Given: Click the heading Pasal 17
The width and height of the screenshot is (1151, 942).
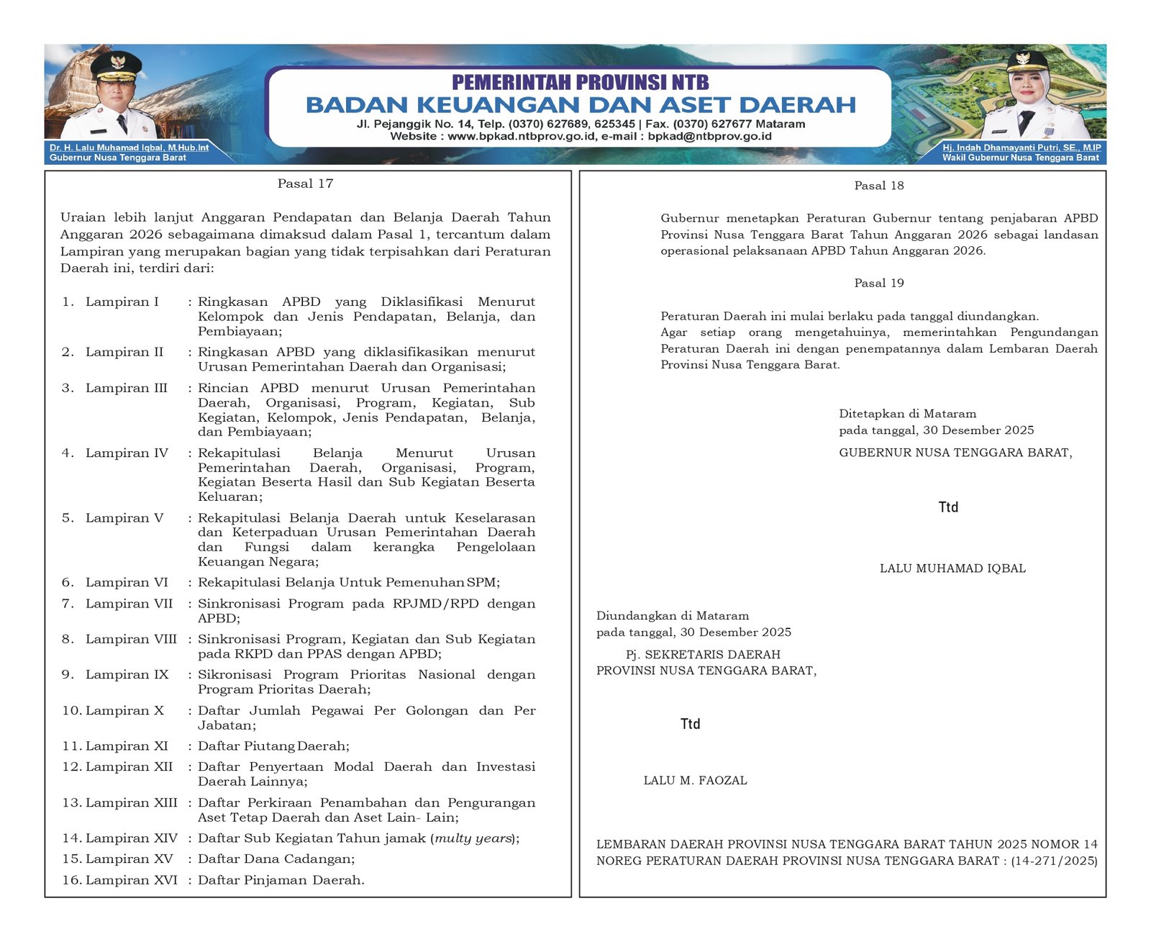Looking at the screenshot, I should tap(305, 184).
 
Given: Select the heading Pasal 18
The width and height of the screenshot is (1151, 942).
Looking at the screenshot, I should tap(878, 186).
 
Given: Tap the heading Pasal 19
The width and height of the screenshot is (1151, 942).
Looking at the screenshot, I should tap(878, 283).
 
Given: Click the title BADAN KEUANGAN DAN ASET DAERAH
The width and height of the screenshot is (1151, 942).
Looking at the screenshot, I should tap(580, 105).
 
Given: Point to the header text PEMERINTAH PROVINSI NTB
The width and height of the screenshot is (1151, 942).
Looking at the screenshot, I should tap(580, 82).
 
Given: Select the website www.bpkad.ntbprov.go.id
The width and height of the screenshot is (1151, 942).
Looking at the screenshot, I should tap(522, 136).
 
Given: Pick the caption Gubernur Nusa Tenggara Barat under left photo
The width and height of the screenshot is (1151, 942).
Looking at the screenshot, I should tap(118, 158).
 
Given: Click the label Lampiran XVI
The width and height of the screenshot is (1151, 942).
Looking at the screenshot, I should tap(131, 879).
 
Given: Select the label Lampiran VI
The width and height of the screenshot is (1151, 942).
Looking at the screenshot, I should tap(127, 582).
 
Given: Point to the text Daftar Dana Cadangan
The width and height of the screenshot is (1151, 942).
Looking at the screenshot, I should tap(276, 859).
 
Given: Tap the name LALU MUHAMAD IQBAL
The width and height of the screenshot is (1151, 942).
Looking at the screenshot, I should tap(952, 569).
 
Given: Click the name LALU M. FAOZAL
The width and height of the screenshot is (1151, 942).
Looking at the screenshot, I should tap(695, 780).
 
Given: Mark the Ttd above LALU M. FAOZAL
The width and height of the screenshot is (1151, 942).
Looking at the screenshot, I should tap(690, 724).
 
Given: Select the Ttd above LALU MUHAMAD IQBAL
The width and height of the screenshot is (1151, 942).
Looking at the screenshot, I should tap(948, 507).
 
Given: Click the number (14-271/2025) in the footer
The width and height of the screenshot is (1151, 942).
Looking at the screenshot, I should tap(1054, 861).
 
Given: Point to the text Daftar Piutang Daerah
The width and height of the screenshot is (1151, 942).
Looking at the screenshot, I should tap(273, 746).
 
